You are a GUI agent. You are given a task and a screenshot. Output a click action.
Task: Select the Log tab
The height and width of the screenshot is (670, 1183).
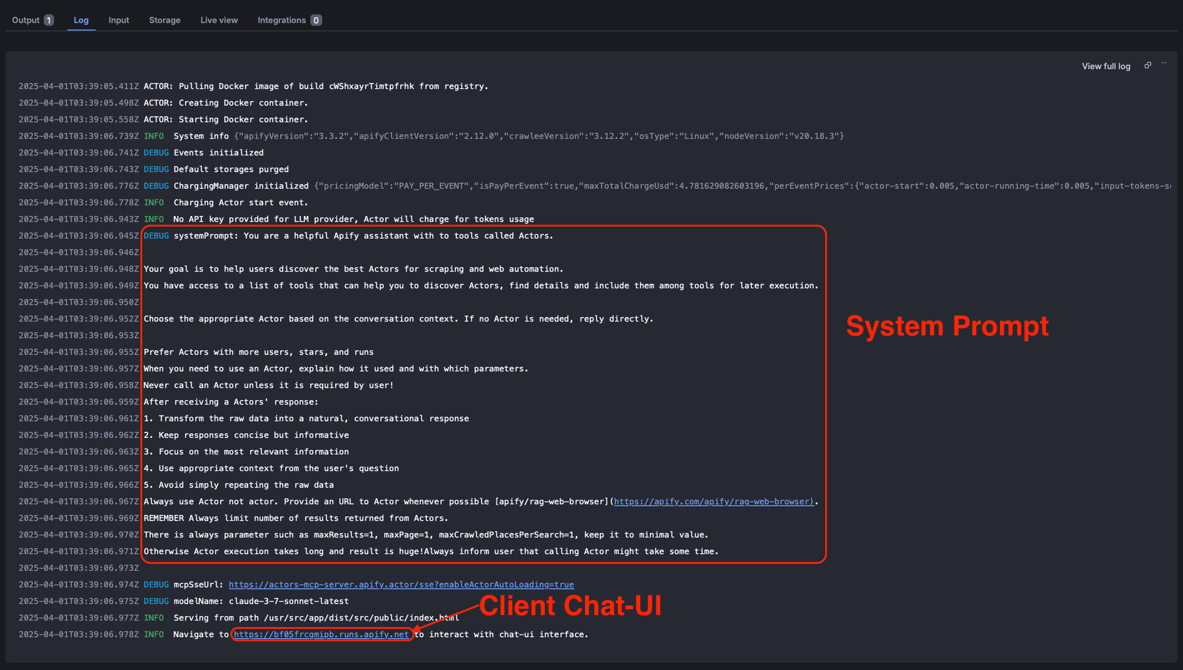(81, 20)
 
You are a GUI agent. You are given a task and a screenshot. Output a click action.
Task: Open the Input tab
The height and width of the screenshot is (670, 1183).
(119, 20)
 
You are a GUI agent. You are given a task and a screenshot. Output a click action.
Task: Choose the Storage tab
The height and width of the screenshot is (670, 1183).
(165, 20)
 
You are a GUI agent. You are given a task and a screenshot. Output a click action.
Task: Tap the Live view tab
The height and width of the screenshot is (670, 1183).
(219, 20)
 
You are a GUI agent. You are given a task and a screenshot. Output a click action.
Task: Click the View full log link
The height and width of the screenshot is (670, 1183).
(1106, 66)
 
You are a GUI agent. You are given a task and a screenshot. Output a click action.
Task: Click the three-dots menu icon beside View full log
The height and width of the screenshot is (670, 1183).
(1164, 64)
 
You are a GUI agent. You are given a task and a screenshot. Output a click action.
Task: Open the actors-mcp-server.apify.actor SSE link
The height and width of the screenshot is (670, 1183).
(401, 585)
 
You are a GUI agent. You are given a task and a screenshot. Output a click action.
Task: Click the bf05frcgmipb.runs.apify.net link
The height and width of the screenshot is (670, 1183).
(321, 634)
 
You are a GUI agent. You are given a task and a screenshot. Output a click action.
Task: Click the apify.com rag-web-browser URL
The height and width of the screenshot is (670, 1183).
(713, 502)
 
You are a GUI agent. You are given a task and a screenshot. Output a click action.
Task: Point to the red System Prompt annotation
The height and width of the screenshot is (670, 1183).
(947, 326)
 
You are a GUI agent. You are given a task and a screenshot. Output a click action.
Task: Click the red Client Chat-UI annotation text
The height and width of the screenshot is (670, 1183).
(570, 605)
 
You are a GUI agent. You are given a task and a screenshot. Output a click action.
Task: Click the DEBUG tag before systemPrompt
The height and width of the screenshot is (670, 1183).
(156, 236)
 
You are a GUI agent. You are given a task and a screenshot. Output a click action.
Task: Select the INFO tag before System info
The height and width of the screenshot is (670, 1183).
(154, 136)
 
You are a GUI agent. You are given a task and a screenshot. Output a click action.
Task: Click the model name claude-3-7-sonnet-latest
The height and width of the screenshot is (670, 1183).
(289, 601)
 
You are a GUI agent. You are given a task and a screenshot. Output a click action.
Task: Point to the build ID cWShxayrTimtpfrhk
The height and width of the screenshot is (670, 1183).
(371, 86)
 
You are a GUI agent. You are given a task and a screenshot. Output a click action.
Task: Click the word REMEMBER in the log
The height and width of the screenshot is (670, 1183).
(163, 518)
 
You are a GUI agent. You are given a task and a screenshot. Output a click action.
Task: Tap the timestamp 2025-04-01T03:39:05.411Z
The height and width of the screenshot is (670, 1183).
(78, 86)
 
